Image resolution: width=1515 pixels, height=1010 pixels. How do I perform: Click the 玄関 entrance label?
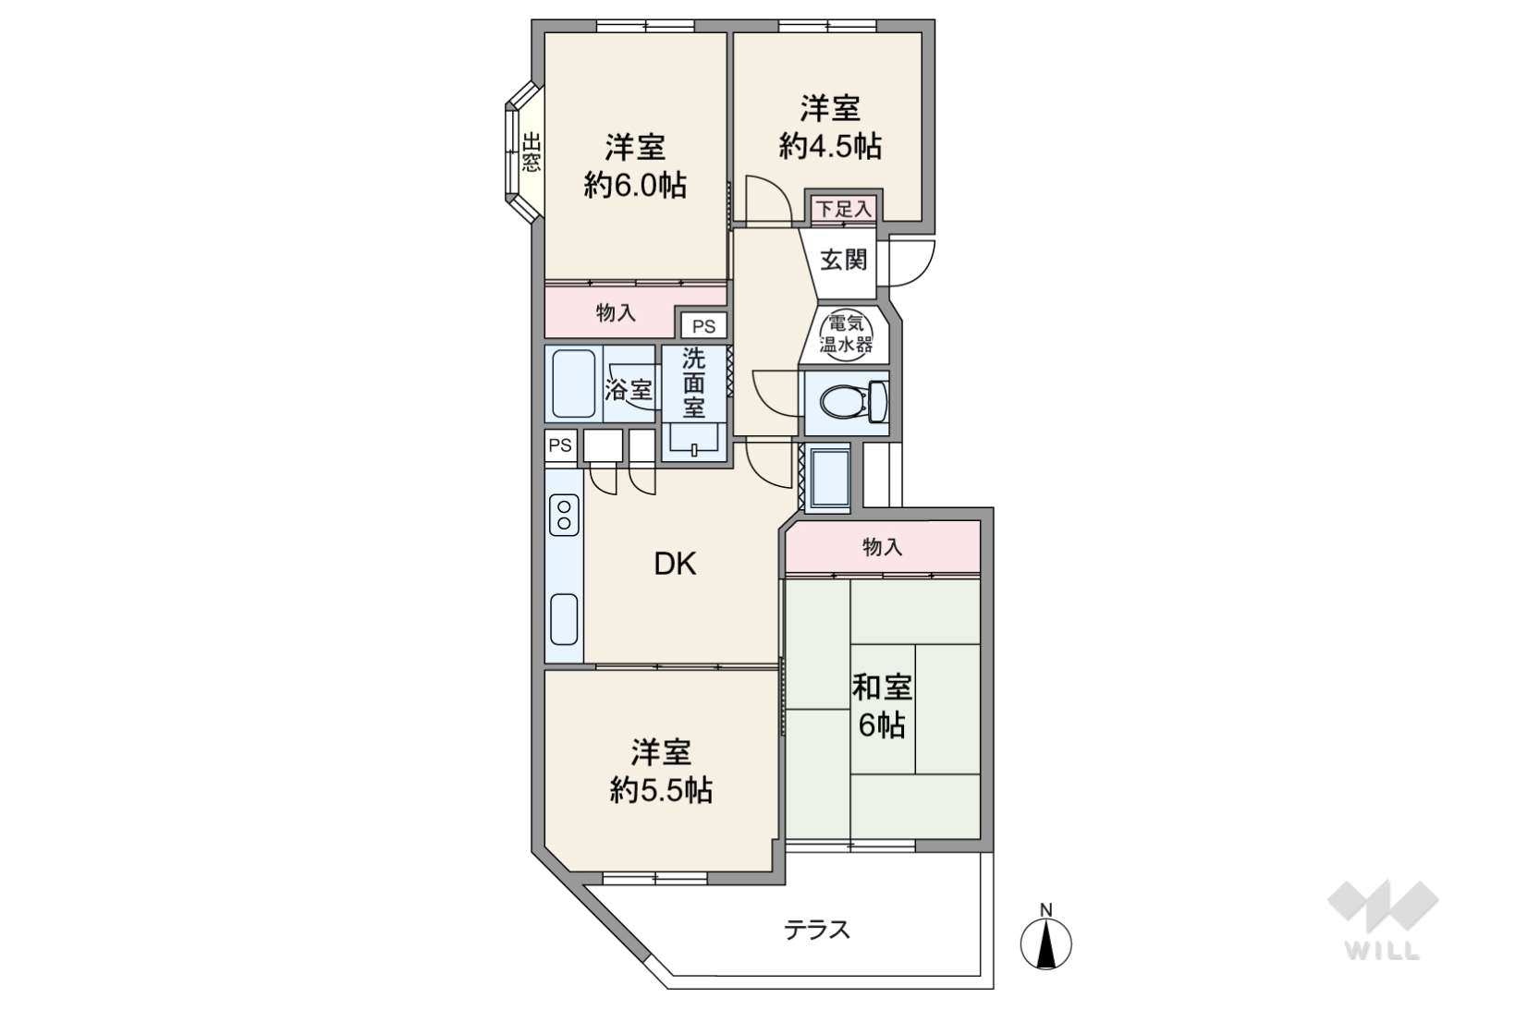pyautogui.click(x=843, y=260)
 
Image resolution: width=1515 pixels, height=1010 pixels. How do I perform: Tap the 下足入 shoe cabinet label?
pyautogui.click(x=843, y=209)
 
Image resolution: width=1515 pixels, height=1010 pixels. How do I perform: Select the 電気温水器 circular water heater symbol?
pyautogui.click(x=846, y=334)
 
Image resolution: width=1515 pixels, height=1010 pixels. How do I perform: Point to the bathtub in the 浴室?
pyautogui.click(x=573, y=384)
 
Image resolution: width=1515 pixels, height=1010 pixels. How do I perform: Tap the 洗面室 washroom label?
pyautogui.click(x=693, y=383)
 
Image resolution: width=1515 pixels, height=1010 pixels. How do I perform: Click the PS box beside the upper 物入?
pyautogui.click(x=703, y=326)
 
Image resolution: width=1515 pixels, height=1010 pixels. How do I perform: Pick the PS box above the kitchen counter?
pyautogui.click(x=560, y=445)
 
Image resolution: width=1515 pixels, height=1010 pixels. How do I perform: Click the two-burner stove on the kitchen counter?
pyautogui.click(x=564, y=514)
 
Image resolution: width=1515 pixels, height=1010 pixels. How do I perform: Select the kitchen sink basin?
pyautogui.click(x=564, y=619)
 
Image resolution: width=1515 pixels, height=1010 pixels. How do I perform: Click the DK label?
pyautogui.click(x=675, y=564)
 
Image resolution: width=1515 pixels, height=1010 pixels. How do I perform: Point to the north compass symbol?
pyautogui.click(x=1046, y=939)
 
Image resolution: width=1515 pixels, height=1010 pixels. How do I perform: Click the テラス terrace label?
pyautogui.click(x=816, y=931)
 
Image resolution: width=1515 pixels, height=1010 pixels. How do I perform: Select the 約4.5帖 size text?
pyautogui.click(x=830, y=145)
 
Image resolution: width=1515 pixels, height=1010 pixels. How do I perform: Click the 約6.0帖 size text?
pyautogui.click(x=635, y=185)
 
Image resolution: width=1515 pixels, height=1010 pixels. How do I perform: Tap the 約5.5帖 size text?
pyautogui.click(x=661, y=790)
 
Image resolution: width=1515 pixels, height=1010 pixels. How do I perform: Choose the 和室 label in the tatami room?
pyautogui.click(x=882, y=688)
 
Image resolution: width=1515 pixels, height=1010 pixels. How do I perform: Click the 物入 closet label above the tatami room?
pyautogui.click(x=883, y=546)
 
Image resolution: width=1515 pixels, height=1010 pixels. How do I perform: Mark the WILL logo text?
pyautogui.click(x=1383, y=951)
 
